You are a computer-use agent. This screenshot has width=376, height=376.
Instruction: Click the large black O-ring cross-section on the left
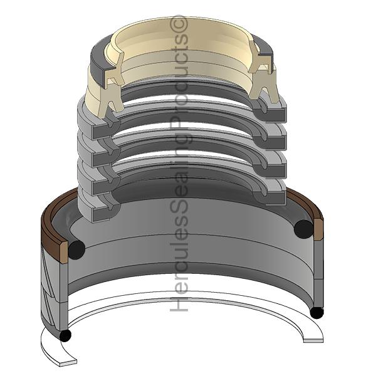(76, 249)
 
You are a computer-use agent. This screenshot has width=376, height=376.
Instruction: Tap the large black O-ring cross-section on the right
(303, 229)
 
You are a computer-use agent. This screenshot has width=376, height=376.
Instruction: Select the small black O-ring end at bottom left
(65, 335)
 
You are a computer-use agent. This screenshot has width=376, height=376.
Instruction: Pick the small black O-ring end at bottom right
(316, 313)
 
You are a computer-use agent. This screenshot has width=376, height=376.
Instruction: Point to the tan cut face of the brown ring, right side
(318, 229)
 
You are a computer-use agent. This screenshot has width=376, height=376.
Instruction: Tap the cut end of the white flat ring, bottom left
(68, 363)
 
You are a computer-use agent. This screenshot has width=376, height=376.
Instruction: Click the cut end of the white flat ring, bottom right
(313, 340)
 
